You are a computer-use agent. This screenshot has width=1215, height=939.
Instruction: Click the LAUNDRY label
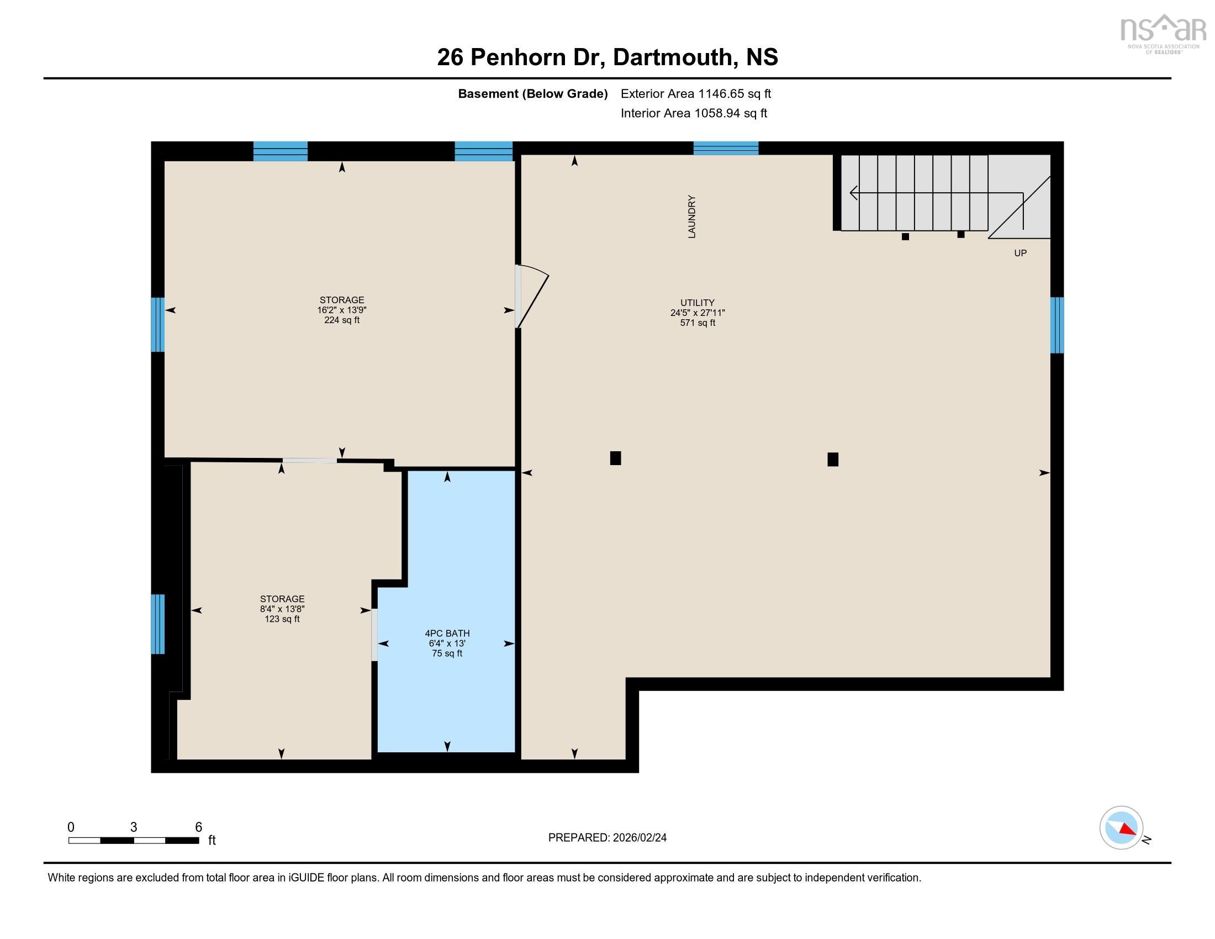[x=691, y=217]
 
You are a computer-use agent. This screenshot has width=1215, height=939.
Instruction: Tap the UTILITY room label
[x=697, y=303]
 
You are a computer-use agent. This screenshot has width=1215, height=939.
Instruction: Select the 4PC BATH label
[x=447, y=633]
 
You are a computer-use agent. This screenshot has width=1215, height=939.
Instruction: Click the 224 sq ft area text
[x=341, y=320]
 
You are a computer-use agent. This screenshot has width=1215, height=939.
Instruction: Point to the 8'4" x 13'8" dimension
[x=282, y=609]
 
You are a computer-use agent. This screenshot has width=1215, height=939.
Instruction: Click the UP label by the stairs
[x=1020, y=253]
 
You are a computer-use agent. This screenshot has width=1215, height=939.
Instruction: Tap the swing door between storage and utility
[x=531, y=297]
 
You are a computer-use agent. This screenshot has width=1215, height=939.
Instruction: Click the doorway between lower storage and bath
[x=374, y=635]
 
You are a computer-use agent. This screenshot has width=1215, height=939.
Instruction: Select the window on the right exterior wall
[x=1056, y=325]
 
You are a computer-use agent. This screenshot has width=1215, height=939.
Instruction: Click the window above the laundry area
[x=726, y=148]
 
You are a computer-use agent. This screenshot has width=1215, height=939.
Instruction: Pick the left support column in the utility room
[x=615, y=458]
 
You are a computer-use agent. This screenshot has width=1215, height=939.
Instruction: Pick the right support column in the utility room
[x=833, y=459]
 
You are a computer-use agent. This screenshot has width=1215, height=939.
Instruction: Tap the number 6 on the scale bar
[x=199, y=827]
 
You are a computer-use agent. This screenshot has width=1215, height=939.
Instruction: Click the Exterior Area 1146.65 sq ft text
[x=696, y=93]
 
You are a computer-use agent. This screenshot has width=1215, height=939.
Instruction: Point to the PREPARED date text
[x=607, y=837]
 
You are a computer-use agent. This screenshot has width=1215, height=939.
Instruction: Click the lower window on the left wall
[x=158, y=624]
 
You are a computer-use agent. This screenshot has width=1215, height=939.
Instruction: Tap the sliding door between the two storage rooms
[x=309, y=460]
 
